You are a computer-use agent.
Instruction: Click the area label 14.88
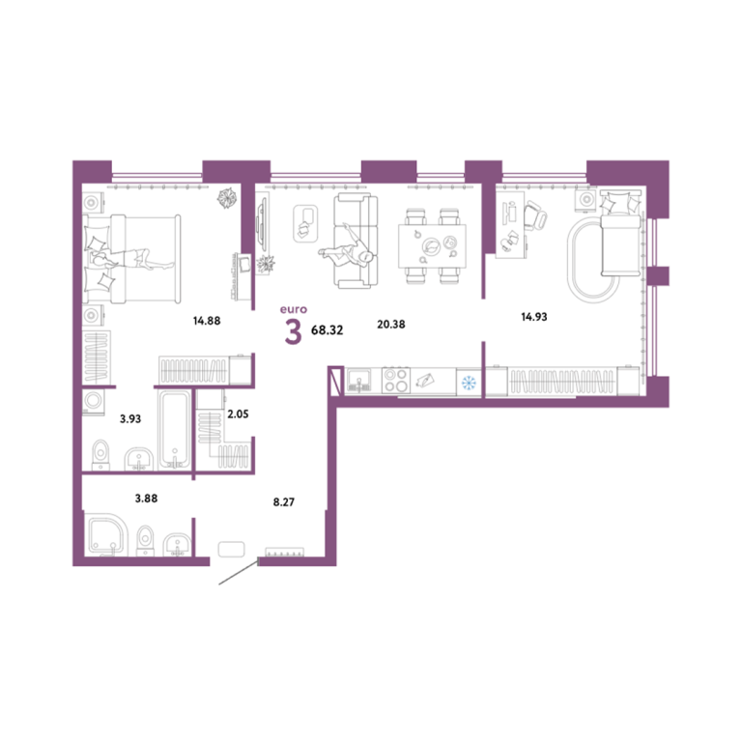[207, 321]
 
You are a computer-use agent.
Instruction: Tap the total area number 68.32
[327, 330]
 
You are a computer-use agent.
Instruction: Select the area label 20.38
[391, 325]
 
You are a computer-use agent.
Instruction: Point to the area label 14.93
[534, 317]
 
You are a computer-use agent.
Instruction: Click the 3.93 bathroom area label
[130, 418]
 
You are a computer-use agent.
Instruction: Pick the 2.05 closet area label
[238, 414]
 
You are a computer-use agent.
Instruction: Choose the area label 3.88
[146, 499]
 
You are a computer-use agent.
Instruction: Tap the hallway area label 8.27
[284, 502]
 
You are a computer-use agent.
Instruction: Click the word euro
[294, 309]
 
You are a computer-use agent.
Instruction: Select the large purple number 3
[294, 331]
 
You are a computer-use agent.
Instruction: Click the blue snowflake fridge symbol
[469, 383]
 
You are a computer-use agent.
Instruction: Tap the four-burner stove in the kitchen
[396, 381]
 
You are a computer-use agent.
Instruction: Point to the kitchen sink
[359, 381]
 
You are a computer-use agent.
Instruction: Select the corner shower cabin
[107, 534]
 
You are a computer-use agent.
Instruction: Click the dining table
[432, 246]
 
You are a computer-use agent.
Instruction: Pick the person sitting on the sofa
[347, 248]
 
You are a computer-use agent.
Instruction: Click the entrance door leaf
[239, 572]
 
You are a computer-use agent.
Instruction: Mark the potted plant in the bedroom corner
[228, 198]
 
